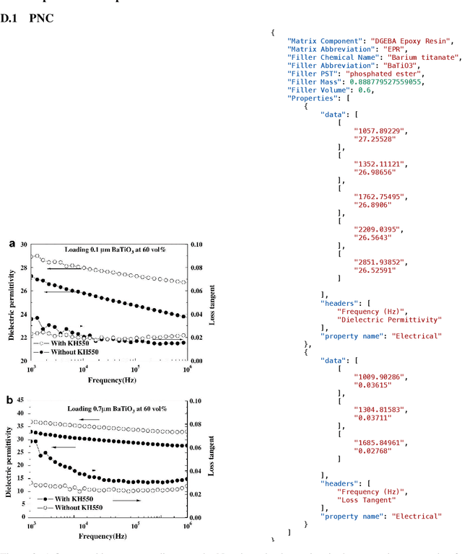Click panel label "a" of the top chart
click(12, 245)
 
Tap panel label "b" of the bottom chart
click(9, 400)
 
